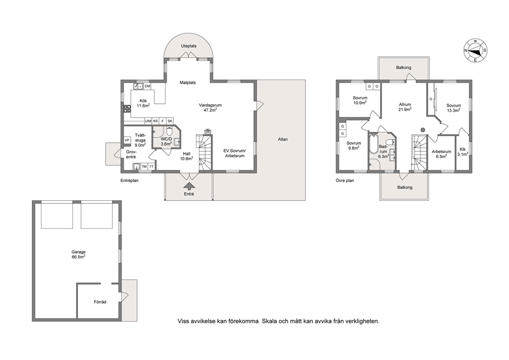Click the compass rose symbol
(x=475, y=50)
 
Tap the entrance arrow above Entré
(x=189, y=185)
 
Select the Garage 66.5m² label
(x=79, y=254)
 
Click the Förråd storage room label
(x=100, y=302)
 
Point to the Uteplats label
(x=189, y=46)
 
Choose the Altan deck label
(x=283, y=139)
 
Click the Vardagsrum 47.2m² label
(x=210, y=107)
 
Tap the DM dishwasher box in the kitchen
(x=147, y=86)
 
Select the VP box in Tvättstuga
(x=127, y=140)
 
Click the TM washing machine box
(x=144, y=167)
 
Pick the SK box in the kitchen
(x=170, y=121)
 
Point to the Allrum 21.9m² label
(x=405, y=107)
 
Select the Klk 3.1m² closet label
(x=463, y=151)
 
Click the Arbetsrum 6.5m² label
(x=441, y=154)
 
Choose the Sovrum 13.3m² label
(x=454, y=107)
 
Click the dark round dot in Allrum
(x=423, y=129)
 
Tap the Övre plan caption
(x=345, y=181)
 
